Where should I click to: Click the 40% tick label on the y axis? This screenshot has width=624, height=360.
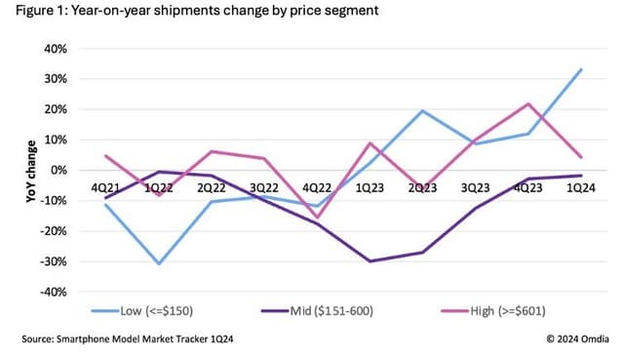pos(54,48)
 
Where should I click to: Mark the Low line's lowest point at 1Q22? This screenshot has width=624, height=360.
pos(158,263)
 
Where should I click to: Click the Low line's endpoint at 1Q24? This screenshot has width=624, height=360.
pos(582,69)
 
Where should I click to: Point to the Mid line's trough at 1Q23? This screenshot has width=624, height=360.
pos(370,261)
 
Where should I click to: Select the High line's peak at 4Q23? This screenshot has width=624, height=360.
pos(528,103)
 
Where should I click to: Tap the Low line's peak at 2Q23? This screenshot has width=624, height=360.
pos(422,110)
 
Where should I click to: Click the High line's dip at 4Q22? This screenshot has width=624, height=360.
pos(317,217)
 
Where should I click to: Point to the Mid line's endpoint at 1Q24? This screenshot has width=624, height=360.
pos(582,176)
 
